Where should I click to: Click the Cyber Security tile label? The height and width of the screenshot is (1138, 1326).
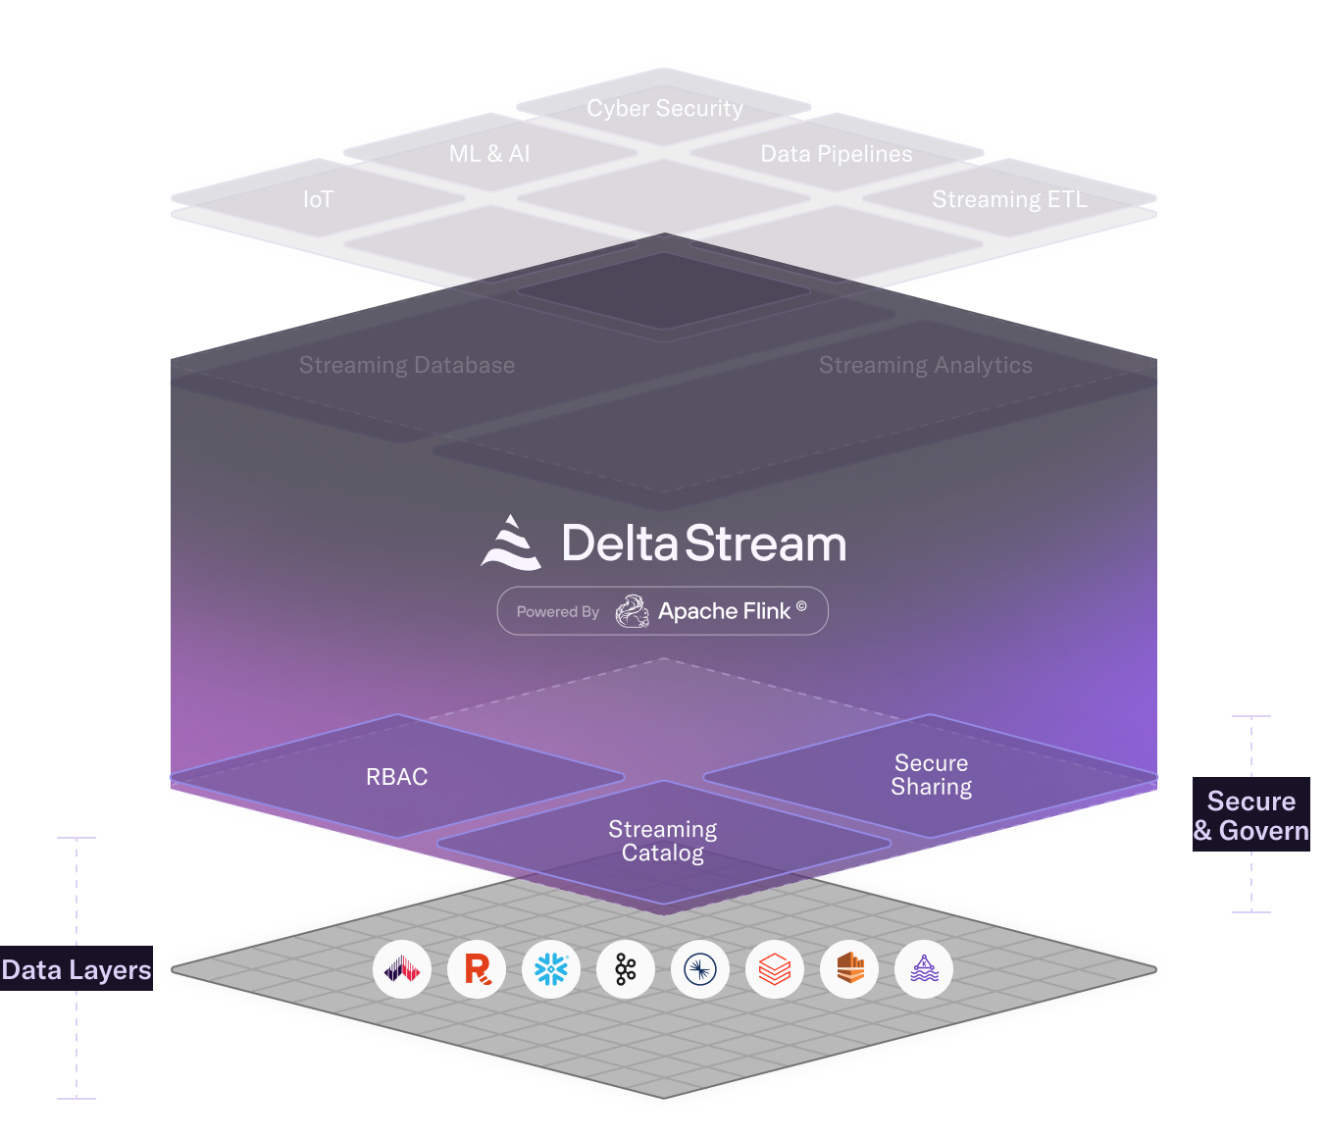[665, 108]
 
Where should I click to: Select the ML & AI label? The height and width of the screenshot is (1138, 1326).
[489, 154]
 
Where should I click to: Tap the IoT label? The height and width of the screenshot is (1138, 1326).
[318, 200]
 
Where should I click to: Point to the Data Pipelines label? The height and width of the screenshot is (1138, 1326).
[837, 154]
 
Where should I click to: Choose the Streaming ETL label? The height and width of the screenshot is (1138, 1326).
[1009, 200]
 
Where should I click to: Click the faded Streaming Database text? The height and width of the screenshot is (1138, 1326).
[407, 365]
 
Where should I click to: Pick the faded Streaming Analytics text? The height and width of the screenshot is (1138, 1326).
[926, 365]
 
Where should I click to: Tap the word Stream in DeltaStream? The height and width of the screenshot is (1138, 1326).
[766, 543]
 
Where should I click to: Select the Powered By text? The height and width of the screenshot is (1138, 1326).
[558, 612]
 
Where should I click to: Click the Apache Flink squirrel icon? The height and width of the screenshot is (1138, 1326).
[633, 611]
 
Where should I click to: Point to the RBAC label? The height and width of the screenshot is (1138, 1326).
[397, 777]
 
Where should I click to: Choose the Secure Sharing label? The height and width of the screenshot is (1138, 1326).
[932, 775]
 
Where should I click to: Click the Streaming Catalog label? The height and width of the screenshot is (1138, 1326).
[663, 841]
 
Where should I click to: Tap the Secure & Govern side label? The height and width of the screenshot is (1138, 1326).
[1251, 816]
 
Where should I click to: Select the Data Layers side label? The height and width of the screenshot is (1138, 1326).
[76, 970]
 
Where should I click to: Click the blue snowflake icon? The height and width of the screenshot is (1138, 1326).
[551, 969]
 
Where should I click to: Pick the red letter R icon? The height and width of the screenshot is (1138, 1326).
[477, 969]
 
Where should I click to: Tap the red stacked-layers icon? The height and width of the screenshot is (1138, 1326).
[775, 969]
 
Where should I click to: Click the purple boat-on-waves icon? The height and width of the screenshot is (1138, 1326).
[924, 969]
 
